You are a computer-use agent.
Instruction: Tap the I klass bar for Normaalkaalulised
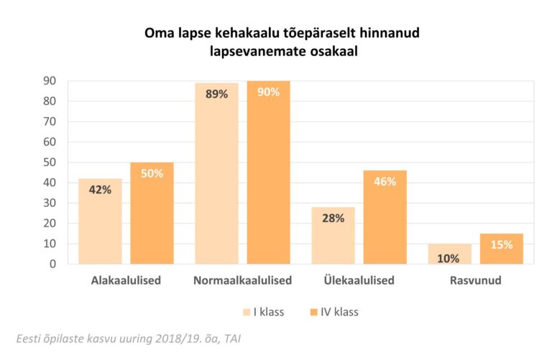(216, 173)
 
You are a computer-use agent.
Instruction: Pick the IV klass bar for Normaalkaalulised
(268, 172)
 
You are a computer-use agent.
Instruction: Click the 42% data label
(100, 190)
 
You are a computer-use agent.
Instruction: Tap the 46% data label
(385, 182)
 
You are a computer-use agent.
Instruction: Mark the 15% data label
(502, 245)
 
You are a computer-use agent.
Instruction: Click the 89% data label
(216, 94)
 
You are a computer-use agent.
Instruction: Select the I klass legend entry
(264, 312)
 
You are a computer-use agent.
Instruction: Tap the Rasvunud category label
(476, 280)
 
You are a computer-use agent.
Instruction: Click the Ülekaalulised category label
(359, 280)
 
